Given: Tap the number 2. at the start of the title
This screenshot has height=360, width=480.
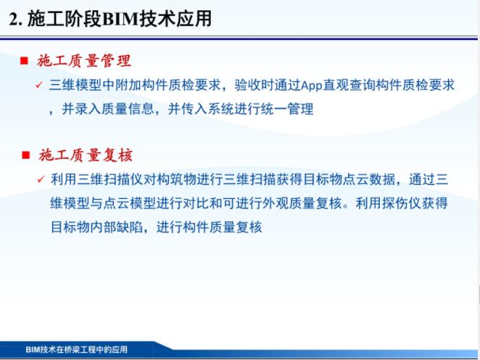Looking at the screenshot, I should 15,19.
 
